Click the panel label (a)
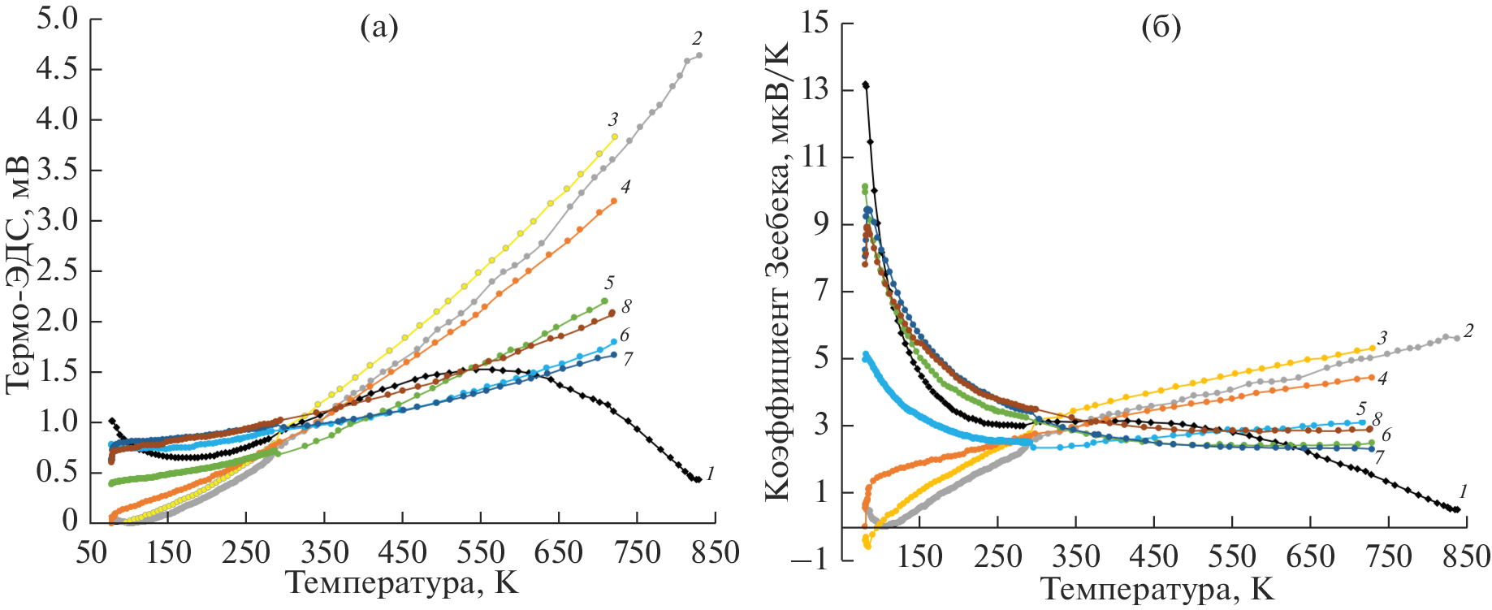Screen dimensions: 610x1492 click(x=379, y=29)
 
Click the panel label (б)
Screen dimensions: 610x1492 click(x=1161, y=29)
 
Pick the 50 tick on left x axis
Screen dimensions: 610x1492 click(x=91, y=553)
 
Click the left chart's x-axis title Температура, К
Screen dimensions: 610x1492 click(x=402, y=582)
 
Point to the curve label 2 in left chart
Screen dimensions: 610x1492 click(x=697, y=38)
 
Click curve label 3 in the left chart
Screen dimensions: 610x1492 click(x=613, y=120)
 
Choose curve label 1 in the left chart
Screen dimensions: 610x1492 click(x=710, y=473)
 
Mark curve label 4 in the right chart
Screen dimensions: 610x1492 click(x=1382, y=378)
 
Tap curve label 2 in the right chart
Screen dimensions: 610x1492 click(x=1468, y=331)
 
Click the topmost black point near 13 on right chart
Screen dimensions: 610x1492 click(x=866, y=84)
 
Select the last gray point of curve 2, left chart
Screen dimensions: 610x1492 click(x=699, y=55)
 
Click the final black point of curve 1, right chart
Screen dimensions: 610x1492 click(x=1457, y=510)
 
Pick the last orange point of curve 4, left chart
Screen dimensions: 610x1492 click(x=614, y=201)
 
